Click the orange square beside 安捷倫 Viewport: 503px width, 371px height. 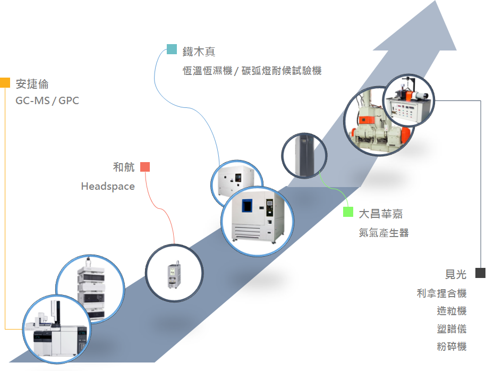pos(5,82)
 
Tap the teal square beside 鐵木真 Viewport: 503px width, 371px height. pos(172,49)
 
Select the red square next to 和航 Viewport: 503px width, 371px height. pos(145,167)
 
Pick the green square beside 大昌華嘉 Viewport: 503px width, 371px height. pos(348,212)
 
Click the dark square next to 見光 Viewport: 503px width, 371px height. pos(480,273)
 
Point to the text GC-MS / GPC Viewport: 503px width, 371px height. pos(47,100)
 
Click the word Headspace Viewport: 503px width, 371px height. pos(108,187)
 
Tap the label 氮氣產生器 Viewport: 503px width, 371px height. pos(383,232)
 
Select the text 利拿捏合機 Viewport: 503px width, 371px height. pos(441,293)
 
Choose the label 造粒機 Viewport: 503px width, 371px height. pos(451,311)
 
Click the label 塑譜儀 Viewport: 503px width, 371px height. pos(451,329)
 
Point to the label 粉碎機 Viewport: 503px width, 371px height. pos(451,347)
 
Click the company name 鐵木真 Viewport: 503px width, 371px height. pos(199,52)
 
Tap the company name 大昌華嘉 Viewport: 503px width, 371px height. pos(380,214)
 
